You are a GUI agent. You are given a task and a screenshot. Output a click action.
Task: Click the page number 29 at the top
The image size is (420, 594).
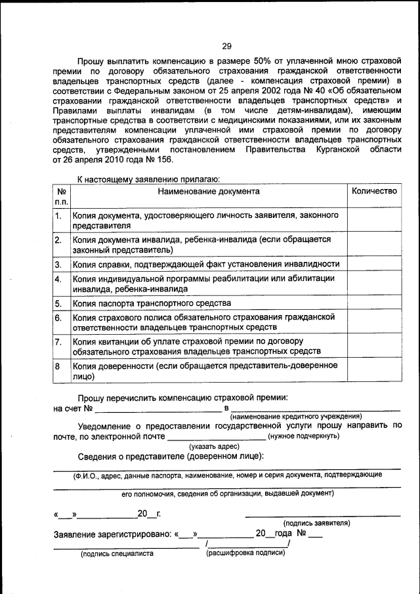point(226,46)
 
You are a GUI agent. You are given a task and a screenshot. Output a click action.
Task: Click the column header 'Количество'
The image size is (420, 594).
point(374,191)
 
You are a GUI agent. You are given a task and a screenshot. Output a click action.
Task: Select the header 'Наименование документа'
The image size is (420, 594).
point(208,191)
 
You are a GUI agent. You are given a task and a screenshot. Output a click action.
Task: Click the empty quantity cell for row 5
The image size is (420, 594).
point(374,303)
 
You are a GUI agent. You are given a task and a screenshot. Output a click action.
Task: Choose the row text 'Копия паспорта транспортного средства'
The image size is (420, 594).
point(152,303)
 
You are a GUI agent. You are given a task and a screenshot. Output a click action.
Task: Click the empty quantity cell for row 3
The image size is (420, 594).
point(374,264)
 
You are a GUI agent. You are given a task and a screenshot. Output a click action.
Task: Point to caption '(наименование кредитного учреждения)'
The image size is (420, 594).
point(295,416)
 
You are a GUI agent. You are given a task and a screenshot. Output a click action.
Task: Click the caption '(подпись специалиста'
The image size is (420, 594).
point(117,553)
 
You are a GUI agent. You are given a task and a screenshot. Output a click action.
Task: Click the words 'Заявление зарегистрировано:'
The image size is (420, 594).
point(112,534)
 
